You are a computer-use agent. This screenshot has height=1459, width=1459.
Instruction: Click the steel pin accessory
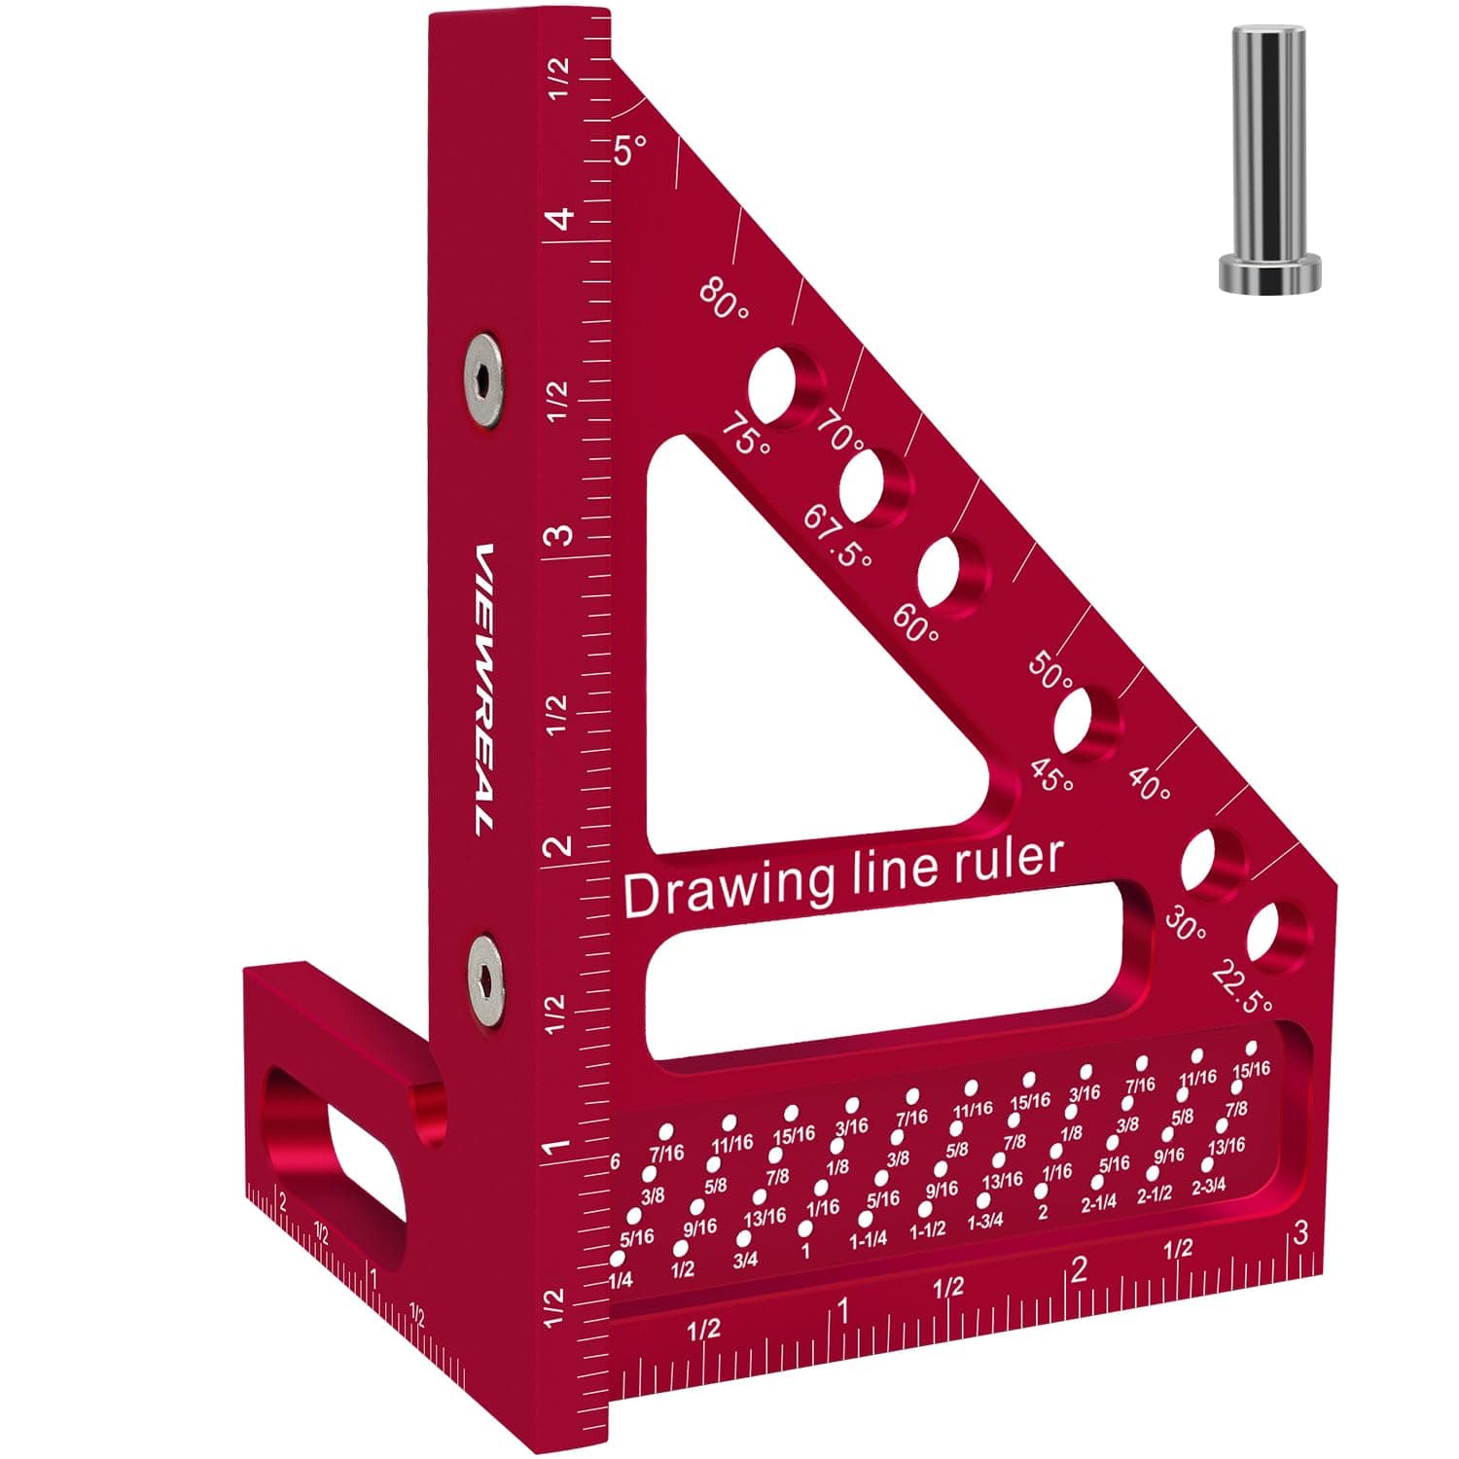[1269, 160]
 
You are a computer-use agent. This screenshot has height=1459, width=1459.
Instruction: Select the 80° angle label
[725, 300]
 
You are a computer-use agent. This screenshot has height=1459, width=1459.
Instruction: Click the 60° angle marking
[915, 619]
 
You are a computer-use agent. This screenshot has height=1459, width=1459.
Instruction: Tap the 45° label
[1050, 775]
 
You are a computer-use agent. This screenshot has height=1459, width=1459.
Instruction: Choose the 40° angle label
[1150, 786]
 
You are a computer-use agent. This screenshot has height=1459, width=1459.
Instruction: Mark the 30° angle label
[1184, 925]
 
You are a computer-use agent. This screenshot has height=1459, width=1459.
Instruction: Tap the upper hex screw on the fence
[483, 381]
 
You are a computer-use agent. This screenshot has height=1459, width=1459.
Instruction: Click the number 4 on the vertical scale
[561, 220]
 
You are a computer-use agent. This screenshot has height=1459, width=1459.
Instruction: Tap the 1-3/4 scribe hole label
[985, 1221]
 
